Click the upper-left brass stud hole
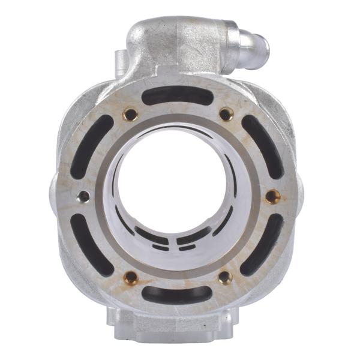point(130,114)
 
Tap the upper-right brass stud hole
point(226,114)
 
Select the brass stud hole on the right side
point(272,196)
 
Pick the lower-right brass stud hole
point(225,277)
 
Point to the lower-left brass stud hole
point(130,277)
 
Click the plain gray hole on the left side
point(84,196)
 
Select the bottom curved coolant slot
point(177,294)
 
